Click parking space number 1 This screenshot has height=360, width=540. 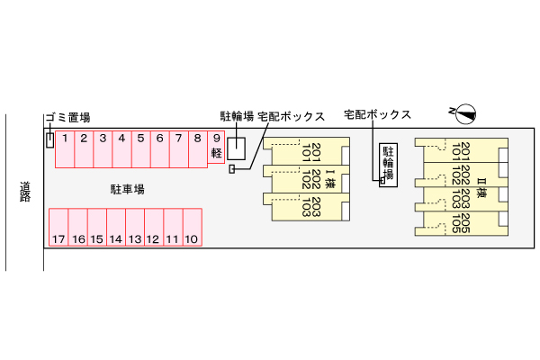point(65,148)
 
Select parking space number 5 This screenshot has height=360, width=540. point(140,148)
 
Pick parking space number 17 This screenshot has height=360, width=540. point(58,228)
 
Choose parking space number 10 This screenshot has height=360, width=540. point(191,228)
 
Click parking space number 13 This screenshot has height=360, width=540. point(134,228)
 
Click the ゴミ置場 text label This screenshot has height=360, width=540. point(67,117)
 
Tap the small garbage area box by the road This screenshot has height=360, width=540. point(49,139)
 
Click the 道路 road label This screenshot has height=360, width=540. point(25,191)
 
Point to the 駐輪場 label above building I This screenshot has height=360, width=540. point(238,116)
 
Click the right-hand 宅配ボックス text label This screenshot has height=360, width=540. point(377,115)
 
